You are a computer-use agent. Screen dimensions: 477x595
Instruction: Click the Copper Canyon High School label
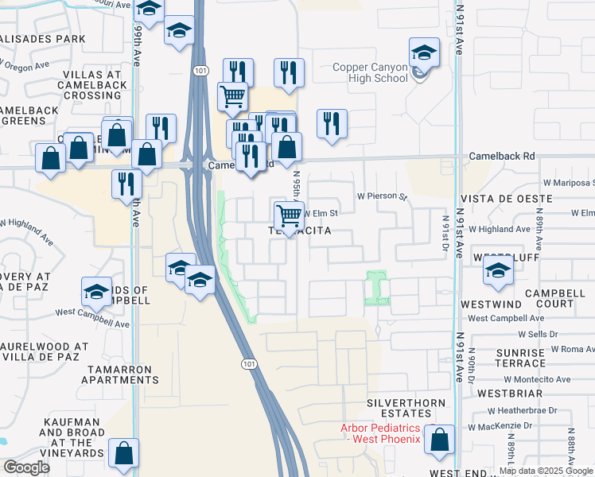[370, 73]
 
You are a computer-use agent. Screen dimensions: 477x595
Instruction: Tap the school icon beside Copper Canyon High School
[424, 55]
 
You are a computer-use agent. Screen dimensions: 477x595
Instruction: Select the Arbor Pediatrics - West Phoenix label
[380, 433]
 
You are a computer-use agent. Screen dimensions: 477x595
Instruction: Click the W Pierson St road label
[382, 196]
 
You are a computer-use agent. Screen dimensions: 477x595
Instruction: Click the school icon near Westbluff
[499, 272]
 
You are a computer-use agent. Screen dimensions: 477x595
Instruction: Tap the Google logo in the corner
[26, 467]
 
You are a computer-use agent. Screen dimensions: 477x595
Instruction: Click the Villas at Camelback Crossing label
[91, 85]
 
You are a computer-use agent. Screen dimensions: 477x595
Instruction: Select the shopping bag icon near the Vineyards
[124, 454]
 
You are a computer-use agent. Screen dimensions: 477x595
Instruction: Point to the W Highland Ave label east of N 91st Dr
[499, 229]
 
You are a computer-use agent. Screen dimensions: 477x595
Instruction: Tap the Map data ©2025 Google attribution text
[546, 471]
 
